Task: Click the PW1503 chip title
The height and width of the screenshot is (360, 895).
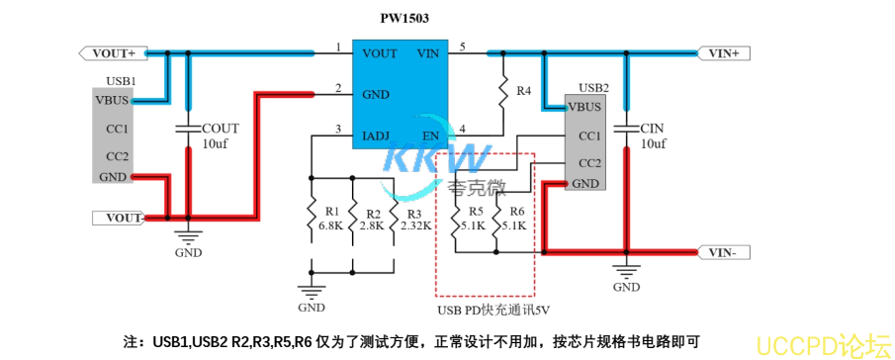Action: click(x=404, y=18)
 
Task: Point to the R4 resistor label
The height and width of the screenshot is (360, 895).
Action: click(x=524, y=91)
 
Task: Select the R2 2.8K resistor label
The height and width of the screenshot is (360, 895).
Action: click(x=372, y=220)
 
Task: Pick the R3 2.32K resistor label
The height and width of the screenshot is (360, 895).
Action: click(x=414, y=220)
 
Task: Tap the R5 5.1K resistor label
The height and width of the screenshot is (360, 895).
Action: click(x=476, y=219)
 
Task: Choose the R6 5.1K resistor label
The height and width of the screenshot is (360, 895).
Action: click(x=517, y=219)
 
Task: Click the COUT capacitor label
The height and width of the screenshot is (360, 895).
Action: click(x=219, y=129)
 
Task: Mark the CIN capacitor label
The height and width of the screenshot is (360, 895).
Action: click(x=653, y=129)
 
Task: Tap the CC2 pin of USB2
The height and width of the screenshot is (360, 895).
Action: click(x=589, y=162)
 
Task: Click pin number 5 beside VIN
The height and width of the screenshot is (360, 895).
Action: click(x=463, y=47)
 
